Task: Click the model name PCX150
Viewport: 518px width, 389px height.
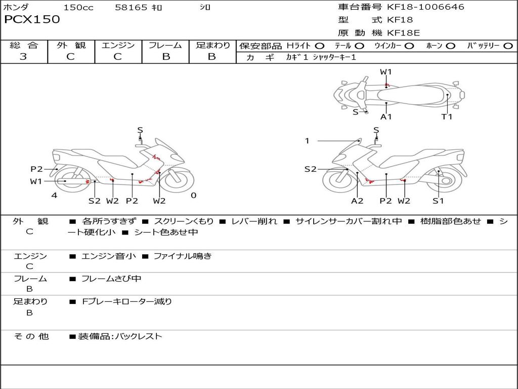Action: point(32,20)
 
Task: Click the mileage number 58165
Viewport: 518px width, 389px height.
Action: point(131,7)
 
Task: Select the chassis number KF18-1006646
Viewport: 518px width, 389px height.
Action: point(425,7)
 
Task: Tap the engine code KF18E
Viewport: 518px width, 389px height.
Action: point(403,33)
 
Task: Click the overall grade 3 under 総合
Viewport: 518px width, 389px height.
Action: point(23,57)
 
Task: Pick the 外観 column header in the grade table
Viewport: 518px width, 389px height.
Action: point(71,45)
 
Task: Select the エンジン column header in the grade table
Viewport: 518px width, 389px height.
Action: point(118,45)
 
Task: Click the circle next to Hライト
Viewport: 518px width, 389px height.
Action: point(320,46)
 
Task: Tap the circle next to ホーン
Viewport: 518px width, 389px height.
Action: point(450,46)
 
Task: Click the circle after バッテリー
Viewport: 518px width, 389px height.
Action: point(508,46)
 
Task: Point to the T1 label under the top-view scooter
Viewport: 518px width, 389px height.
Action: point(447,117)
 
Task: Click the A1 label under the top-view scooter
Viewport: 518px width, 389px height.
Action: point(386,117)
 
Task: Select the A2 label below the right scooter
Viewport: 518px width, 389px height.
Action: point(357,201)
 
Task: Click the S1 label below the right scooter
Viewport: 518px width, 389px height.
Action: point(438,201)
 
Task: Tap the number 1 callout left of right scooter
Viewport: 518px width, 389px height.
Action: point(307,141)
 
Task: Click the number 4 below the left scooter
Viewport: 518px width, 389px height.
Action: point(54,196)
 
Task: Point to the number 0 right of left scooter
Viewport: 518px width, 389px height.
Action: point(194,196)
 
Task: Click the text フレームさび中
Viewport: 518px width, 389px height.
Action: point(111,279)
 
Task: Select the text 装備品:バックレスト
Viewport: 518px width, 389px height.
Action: point(120,336)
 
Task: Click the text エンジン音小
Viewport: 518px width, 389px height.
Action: point(108,256)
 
